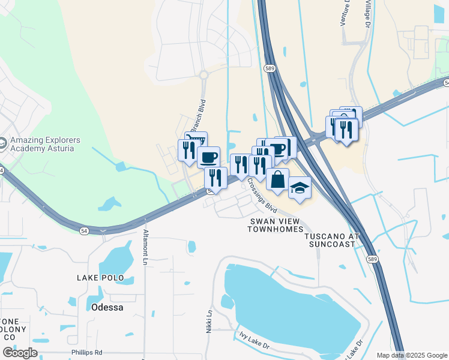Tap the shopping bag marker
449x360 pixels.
[277, 179]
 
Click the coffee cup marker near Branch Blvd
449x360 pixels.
[208, 157]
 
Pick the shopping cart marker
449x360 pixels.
[196, 141]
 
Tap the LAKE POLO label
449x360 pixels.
[100, 278]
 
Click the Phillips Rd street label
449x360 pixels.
[86, 352]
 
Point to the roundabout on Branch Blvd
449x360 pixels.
[203, 75]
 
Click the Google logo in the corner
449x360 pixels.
[20, 353]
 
